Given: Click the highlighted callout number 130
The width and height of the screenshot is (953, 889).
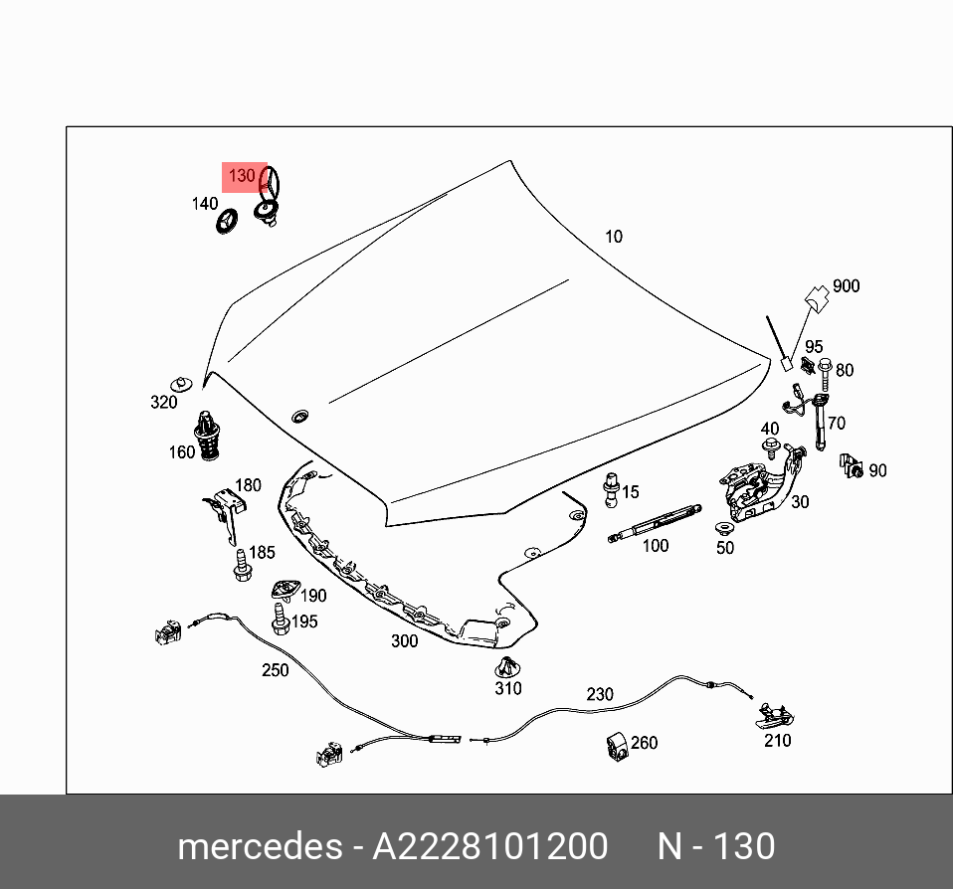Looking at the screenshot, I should [243, 177].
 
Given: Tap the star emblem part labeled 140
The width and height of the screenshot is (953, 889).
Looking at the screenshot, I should [229, 221].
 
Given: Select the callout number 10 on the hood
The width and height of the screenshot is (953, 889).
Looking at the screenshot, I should [614, 237].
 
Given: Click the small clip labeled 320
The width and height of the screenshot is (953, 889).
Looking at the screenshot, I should [182, 384].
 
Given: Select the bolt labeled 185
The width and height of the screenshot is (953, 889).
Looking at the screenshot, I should [241, 566].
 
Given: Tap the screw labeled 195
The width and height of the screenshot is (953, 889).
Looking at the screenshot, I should [280, 620].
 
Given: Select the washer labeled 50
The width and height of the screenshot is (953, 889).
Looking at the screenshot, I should [723, 528].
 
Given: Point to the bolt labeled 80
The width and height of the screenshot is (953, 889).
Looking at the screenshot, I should [825, 370].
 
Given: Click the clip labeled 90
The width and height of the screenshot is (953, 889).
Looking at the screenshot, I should [850, 464].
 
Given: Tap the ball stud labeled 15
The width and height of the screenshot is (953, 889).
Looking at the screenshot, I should [610, 488].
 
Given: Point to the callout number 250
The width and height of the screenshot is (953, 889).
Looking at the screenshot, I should [275, 670].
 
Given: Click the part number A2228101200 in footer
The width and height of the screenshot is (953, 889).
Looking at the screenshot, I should [489, 847].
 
